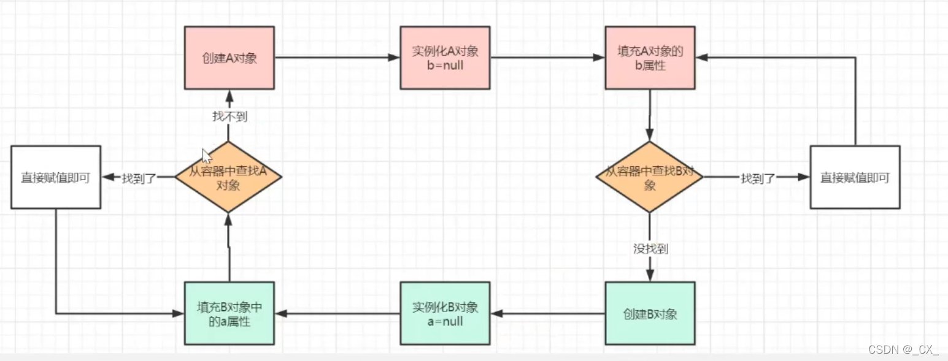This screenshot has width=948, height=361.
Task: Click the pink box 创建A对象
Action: [x=229, y=58]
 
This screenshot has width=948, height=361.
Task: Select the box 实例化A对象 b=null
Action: [x=445, y=58]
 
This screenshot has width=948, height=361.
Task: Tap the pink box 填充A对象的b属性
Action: [x=650, y=58]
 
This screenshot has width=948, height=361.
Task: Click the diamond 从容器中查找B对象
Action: [x=650, y=177]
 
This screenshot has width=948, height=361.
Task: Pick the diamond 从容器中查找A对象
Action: [x=228, y=177]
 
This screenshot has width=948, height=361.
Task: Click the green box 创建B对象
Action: [x=650, y=313]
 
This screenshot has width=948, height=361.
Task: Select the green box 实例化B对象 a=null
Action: [x=445, y=313]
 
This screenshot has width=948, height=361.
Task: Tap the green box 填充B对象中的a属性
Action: [x=229, y=313]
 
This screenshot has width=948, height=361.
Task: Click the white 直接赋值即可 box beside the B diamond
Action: [x=855, y=177]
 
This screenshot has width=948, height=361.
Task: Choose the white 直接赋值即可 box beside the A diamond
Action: [x=55, y=177]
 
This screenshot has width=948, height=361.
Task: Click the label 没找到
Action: [x=650, y=248]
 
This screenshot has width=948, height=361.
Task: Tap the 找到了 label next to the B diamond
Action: [x=758, y=178]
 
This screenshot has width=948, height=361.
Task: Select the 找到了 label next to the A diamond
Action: [x=139, y=178]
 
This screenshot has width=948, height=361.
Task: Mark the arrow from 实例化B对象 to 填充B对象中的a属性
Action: [x=337, y=313]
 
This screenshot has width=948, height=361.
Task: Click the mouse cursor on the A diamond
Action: [x=207, y=156]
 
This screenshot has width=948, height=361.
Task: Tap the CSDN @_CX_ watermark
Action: [x=903, y=349]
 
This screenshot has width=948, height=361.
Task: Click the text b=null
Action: [x=445, y=65]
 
